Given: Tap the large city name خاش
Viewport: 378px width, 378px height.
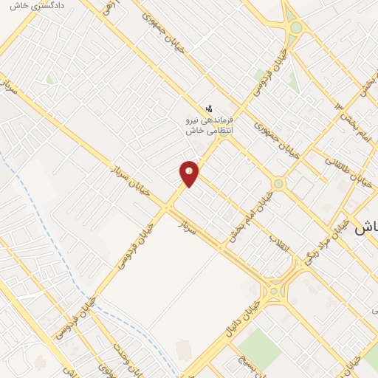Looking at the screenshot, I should pos(367,227).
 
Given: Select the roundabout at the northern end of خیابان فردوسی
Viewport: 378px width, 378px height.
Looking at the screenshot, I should pos(296,27).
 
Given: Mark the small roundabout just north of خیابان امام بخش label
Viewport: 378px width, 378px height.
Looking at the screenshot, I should pos(278,183).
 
